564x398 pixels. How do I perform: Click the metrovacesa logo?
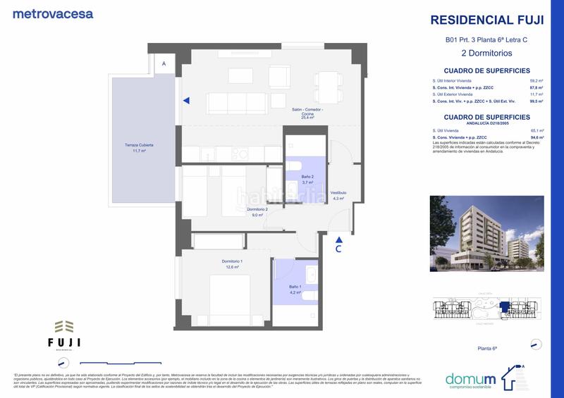(x=53, y=13)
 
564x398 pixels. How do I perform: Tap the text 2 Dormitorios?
(x=486, y=53)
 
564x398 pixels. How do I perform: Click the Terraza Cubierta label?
(x=135, y=144)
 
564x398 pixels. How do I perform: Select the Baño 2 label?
(x=307, y=177)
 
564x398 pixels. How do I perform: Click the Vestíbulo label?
(x=338, y=193)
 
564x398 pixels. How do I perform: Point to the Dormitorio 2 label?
(x=257, y=209)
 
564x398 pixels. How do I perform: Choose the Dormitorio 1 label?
(x=232, y=262)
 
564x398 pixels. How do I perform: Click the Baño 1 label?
(x=295, y=286)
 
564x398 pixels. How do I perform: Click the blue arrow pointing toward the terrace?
(x=186, y=101)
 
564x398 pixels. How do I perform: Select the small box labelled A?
(x=164, y=64)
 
